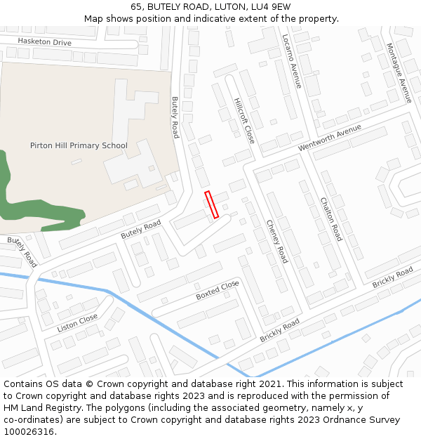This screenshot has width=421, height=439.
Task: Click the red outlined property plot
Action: pos(211,204)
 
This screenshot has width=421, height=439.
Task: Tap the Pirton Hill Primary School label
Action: pos(79,146)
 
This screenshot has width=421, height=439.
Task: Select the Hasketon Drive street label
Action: pos(45,43)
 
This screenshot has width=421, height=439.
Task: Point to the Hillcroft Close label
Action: pos(244,120)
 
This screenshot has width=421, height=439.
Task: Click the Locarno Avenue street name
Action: pos(292,61)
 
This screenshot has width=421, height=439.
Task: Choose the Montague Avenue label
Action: pos(399,73)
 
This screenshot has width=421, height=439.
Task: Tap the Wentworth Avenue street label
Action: pos(329,138)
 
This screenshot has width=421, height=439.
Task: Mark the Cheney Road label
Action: pos(276,242)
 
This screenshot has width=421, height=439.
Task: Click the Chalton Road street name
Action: pos(330,218)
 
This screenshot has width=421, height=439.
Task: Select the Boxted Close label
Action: pos(218,290)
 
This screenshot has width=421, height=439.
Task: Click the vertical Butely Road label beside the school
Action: pos(175,117)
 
